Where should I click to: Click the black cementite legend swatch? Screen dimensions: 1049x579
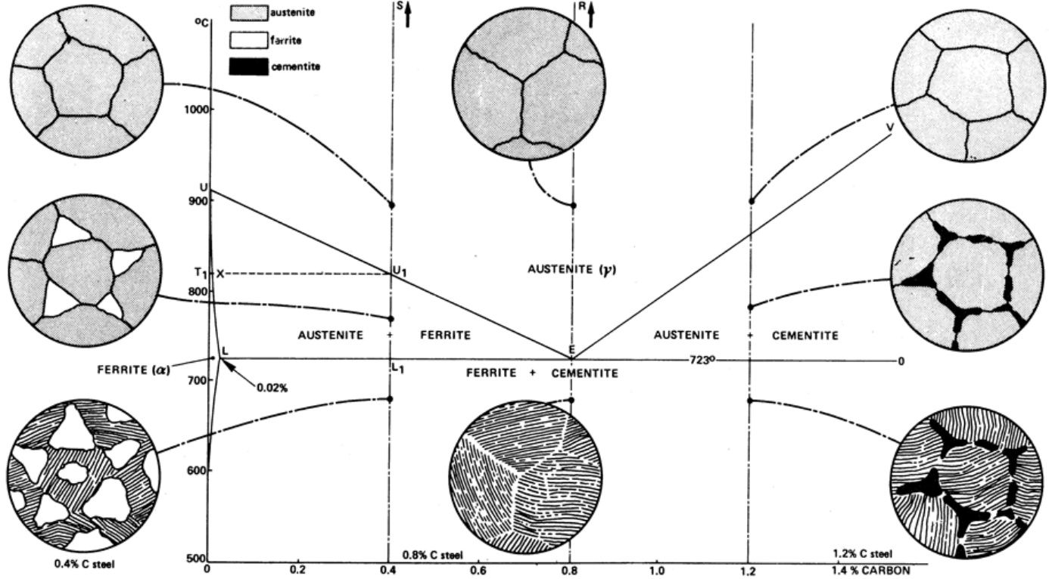coord(249,67)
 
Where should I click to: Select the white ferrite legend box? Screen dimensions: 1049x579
coord(249,40)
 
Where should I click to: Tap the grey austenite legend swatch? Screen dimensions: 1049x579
coord(249,13)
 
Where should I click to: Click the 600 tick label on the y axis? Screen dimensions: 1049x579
coord(197,470)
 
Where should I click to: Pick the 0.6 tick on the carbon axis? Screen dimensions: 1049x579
coord(478,570)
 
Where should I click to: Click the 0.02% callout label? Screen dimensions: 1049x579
coord(272,388)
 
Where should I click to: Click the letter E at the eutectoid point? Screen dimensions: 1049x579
coord(571,349)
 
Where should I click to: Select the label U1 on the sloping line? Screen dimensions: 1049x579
coord(399,271)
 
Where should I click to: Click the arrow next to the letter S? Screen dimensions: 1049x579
coord(407,14)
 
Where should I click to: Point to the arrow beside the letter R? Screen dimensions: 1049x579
coord(590,14)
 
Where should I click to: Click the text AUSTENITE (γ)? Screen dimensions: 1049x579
coord(571,270)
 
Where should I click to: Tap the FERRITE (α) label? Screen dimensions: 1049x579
coord(134,370)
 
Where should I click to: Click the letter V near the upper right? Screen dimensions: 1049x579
coord(890,127)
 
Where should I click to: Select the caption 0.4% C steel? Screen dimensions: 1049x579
coord(84,564)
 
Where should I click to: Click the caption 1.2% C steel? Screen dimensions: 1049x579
coord(863,554)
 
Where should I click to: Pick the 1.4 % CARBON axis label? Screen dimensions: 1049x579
coord(871,571)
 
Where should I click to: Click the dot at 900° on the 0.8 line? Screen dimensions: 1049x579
coord(573,206)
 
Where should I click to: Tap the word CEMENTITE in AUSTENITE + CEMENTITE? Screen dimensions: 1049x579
coord(805,336)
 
